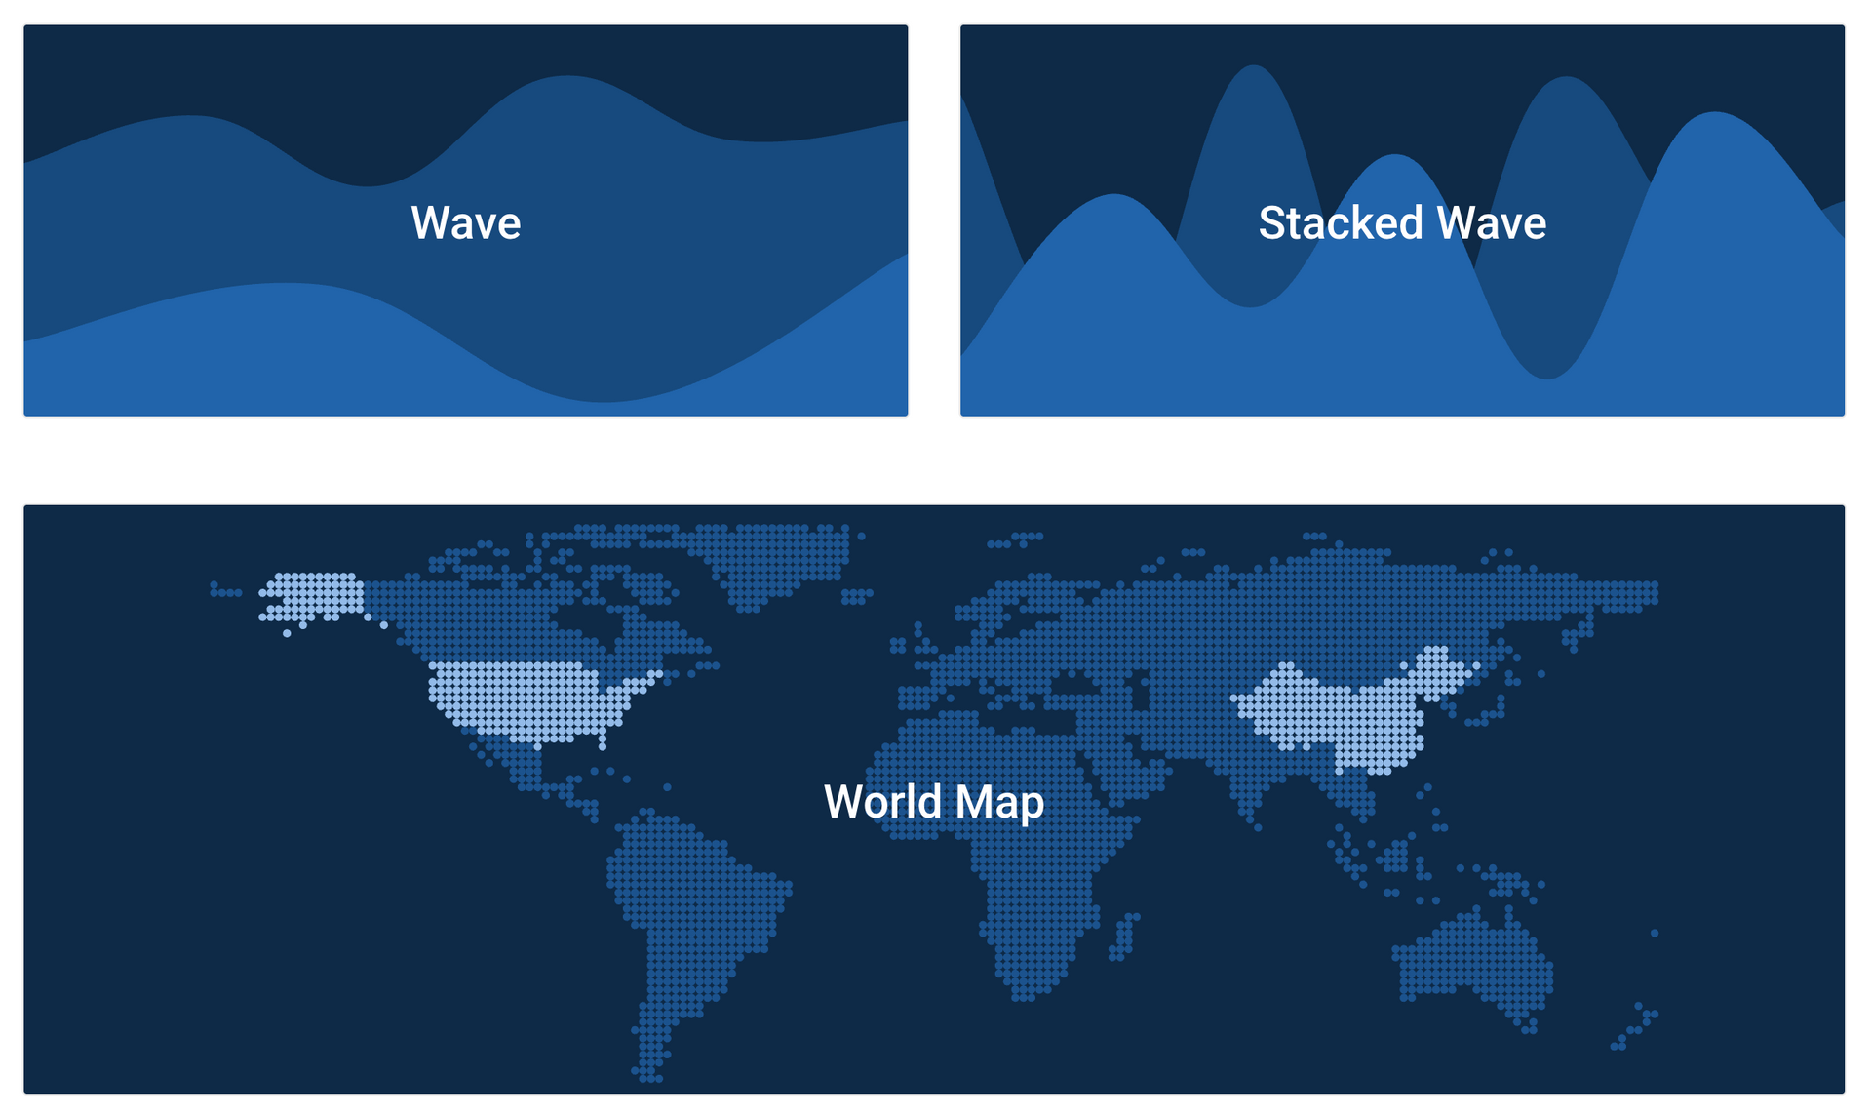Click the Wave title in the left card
click(x=466, y=223)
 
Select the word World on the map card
click(x=884, y=802)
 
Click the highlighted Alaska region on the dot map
click(x=312, y=597)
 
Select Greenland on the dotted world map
click(x=775, y=561)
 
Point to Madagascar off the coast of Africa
click(x=1124, y=937)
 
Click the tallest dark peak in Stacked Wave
click(x=1254, y=68)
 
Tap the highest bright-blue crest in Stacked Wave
click(x=1715, y=115)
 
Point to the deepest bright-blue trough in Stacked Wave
click(x=1547, y=377)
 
